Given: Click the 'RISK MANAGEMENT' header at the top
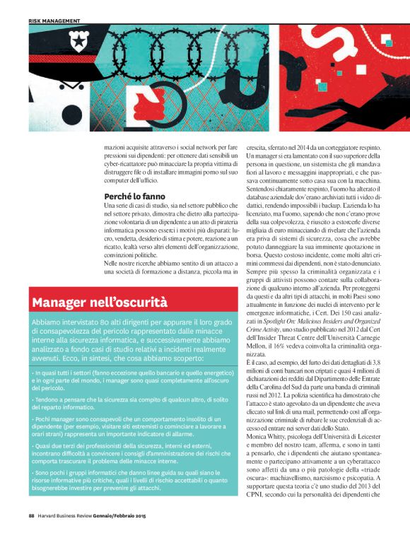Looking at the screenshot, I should click(x=54, y=21).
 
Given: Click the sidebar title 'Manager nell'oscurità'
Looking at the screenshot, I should click(x=100, y=303).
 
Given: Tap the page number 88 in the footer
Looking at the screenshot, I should click(x=31, y=525).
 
